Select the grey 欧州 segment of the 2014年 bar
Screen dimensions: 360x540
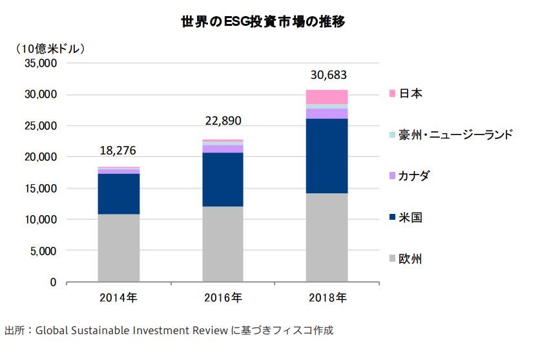pos(118,248)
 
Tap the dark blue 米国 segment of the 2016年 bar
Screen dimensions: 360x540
pos(223,179)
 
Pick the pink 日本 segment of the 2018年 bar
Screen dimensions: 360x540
pos(327,97)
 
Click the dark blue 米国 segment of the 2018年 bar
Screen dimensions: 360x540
pos(327,156)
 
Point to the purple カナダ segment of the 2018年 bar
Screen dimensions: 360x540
pos(327,113)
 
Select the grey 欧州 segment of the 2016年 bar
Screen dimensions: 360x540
pos(223,244)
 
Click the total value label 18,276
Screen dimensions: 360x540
pos(118,151)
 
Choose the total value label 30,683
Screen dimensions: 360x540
pos(327,75)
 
